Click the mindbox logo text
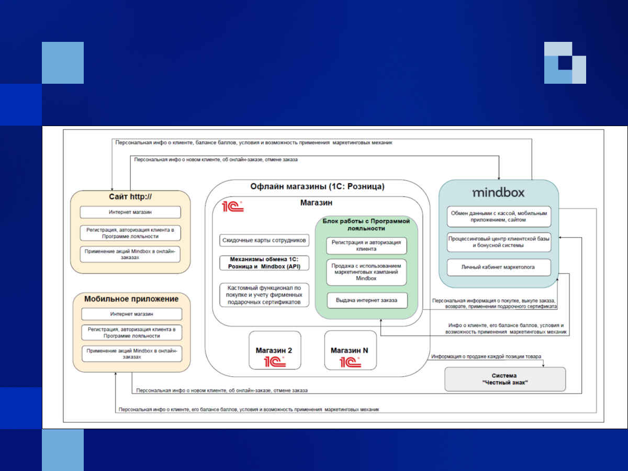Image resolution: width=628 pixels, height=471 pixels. click(x=498, y=193)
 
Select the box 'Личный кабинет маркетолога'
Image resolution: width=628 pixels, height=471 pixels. click(x=498, y=267)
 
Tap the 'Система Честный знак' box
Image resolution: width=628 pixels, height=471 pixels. click(x=504, y=379)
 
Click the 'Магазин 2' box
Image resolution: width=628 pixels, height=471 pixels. click(x=275, y=350)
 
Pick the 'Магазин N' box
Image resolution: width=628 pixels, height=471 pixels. click(x=350, y=350)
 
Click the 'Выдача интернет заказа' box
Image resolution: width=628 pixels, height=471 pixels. click(x=367, y=300)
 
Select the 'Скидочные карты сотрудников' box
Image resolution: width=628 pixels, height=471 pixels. click(x=264, y=240)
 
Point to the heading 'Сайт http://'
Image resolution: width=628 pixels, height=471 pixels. click(x=131, y=197)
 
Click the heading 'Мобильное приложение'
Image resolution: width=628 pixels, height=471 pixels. click(x=131, y=299)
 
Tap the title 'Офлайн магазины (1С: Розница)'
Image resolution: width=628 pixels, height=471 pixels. click(x=317, y=187)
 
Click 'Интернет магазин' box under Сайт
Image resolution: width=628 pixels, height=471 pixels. click(x=130, y=212)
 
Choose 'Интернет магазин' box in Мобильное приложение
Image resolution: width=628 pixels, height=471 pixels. click(x=131, y=314)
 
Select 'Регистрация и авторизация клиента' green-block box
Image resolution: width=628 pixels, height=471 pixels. click(x=366, y=246)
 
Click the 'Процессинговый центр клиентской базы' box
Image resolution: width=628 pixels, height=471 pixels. click(x=498, y=241)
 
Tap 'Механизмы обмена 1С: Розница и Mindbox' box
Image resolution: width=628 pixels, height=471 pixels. click(x=264, y=263)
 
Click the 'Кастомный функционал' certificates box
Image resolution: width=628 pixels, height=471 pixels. click(x=264, y=295)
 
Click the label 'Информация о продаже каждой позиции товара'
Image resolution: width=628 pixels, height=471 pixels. click(x=486, y=357)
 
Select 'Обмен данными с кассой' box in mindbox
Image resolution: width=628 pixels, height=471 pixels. click(x=498, y=217)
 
